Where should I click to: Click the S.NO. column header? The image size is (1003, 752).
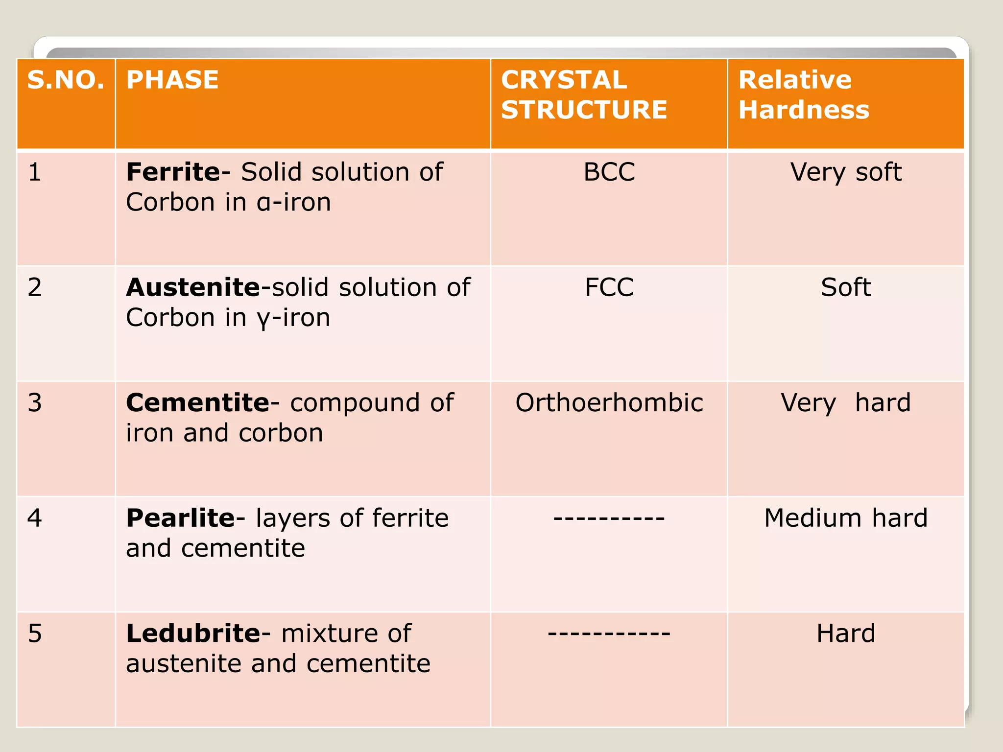66,80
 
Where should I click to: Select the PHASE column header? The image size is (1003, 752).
172,80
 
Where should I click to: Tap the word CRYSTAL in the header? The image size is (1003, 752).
564,80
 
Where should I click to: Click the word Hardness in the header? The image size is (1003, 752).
804,110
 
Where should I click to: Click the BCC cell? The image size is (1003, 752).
609,172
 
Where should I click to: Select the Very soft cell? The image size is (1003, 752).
846,172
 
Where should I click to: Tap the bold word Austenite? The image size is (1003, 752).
192,287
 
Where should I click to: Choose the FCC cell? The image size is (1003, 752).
609,287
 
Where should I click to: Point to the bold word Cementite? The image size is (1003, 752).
197,402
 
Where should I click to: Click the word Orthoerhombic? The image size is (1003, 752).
609,402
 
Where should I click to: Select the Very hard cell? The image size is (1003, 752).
846,402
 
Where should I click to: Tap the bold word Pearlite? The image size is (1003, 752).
180,518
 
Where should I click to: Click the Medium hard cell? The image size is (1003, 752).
846,518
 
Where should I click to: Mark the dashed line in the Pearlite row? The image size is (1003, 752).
609,518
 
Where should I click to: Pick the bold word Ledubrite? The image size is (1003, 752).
193,634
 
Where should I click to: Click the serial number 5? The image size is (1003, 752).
35,634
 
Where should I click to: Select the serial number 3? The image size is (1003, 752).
35,402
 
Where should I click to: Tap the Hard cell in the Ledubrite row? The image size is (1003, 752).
846,634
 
